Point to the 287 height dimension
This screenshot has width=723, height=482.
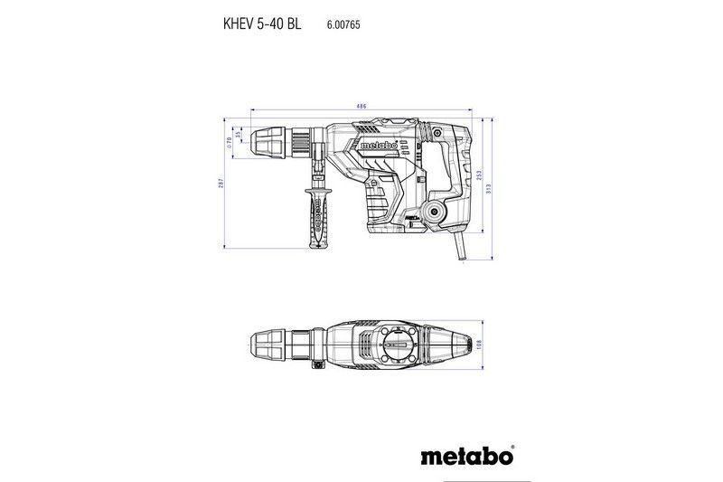[x=221, y=184]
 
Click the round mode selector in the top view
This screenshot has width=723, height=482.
[x=397, y=346]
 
